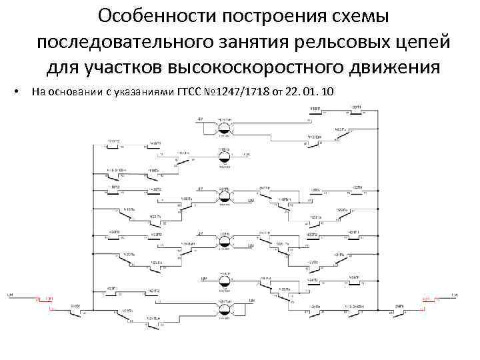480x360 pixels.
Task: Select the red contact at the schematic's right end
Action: tap(425, 301)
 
